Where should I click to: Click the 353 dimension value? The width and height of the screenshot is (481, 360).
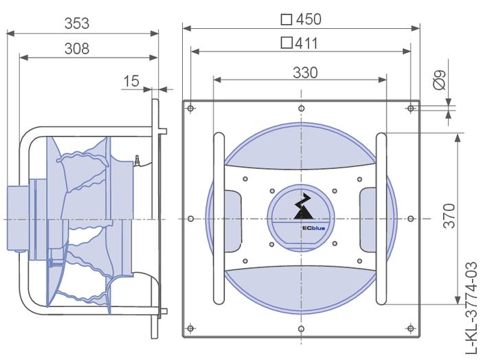pos(76,23)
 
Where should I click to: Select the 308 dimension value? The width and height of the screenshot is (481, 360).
pos(76,48)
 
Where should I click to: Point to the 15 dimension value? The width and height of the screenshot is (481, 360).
pos(131,82)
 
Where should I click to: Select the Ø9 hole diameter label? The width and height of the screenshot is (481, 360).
pos(441,80)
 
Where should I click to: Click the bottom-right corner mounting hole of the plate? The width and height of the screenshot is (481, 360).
pos(410,328)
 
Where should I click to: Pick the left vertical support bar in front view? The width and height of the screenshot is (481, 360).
pos(218,218)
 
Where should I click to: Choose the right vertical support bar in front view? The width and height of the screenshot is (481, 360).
pos(383,218)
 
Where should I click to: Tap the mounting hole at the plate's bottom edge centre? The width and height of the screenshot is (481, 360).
pos(300,328)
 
